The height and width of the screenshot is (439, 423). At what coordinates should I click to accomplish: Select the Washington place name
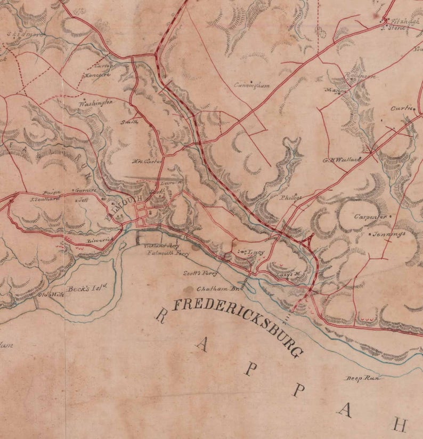tap(96, 102)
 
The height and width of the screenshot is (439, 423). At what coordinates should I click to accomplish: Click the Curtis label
tap(402, 108)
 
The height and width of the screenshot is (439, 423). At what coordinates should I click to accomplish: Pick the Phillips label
tap(291, 197)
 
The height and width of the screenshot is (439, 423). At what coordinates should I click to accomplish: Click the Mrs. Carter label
tap(146, 160)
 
